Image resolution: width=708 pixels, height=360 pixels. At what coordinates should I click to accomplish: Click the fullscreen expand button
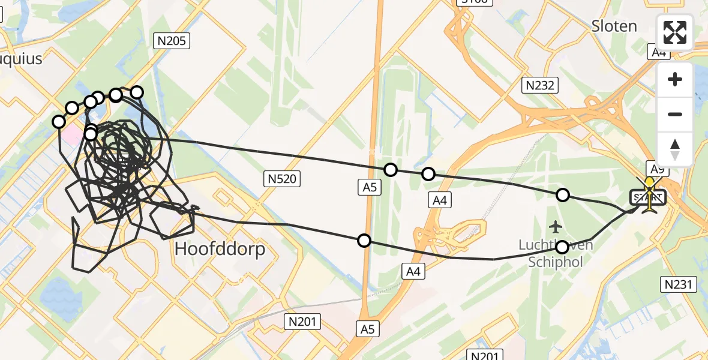[675, 32]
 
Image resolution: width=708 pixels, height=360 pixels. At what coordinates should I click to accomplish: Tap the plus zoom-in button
[675, 80]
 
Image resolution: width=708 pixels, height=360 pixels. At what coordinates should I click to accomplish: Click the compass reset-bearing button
[675, 149]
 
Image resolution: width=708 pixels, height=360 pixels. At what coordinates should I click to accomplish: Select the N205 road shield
[172, 41]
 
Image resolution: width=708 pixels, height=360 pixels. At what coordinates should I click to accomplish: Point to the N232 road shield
[539, 86]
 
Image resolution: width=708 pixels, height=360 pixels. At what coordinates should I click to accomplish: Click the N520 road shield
[281, 178]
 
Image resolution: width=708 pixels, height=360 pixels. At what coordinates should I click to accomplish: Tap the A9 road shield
[657, 169]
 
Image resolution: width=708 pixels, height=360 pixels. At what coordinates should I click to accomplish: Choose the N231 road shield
[679, 284]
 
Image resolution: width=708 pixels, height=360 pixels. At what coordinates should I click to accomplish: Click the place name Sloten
[614, 26]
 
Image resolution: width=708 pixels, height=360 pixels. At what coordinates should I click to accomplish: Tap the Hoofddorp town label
[220, 249]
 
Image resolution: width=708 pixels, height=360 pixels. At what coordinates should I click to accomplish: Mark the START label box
[647, 197]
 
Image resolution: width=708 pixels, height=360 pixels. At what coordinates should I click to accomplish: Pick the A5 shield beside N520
[369, 187]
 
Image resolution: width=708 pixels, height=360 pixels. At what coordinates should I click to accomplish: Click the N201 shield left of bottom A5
[304, 322]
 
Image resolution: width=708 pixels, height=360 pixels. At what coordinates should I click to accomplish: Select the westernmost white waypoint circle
[59, 122]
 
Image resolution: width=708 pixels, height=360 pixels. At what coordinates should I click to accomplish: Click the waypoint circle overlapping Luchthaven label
[562, 247]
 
